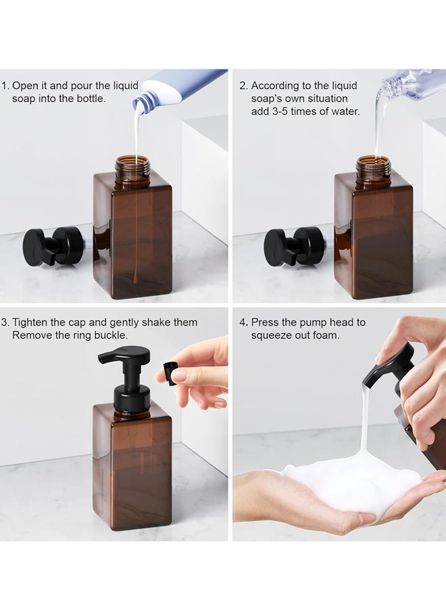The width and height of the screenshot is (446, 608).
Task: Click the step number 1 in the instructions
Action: coord(4,86)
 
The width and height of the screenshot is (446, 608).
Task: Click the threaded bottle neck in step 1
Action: coord(132,169)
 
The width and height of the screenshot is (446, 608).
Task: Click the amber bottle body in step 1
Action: coord(132,236)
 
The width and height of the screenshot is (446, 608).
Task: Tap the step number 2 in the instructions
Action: coord(243,86)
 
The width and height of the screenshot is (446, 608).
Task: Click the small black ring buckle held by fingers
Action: coord(169,371)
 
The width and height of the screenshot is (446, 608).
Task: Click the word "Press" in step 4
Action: coord(266,322)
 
